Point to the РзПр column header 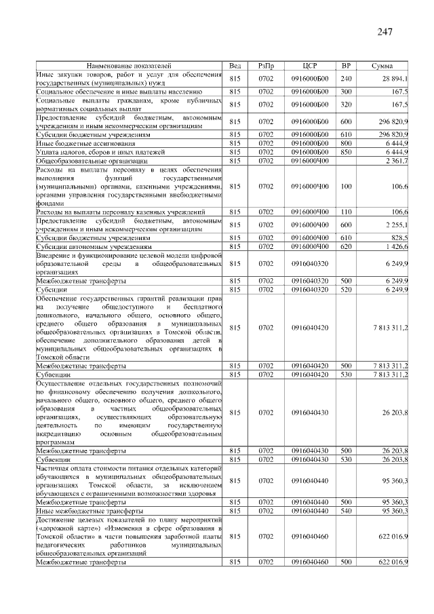coord(266,65)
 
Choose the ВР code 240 coord(346,78)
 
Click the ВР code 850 coord(346,152)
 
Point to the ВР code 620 coord(346,247)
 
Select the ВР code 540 coord(346,510)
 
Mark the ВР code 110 coord(346,212)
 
